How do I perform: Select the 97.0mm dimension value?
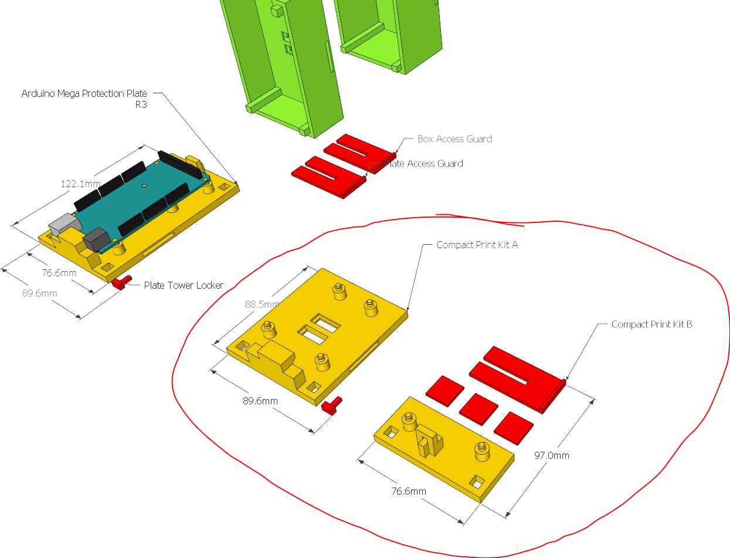pyautogui.click(x=551, y=455)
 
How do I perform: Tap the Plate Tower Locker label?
pyautogui.click(x=184, y=285)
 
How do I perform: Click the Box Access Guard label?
pyautogui.click(x=454, y=139)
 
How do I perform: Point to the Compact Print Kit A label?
pyautogui.click(x=477, y=245)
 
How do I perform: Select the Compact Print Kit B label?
pyautogui.click(x=651, y=324)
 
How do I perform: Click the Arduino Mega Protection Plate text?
pyautogui.click(x=84, y=93)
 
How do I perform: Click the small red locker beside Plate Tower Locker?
pyautogui.click(x=121, y=283)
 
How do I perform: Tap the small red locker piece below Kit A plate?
pyautogui.click(x=332, y=405)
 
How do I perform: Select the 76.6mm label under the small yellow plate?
pyautogui.click(x=409, y=491)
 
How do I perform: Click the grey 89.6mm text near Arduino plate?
pyautogui.click(x=40, y=293)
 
